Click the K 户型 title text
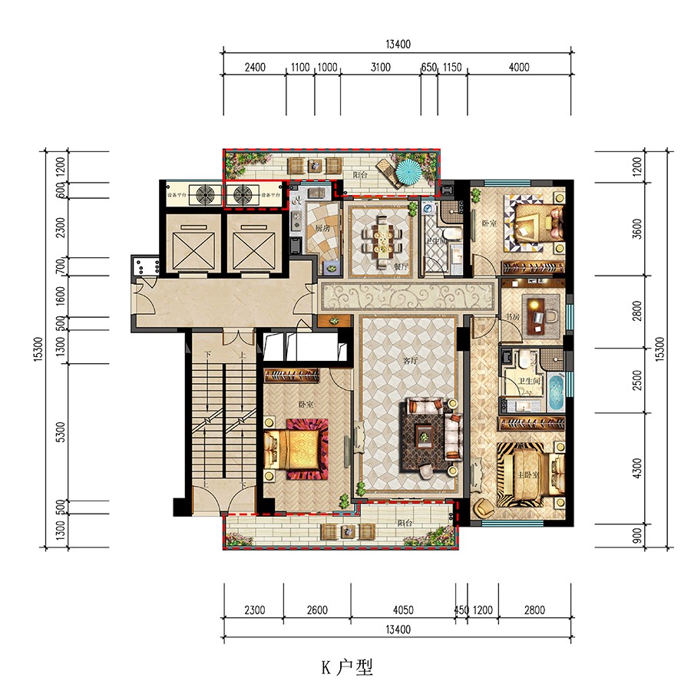point(346,668)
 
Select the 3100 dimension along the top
point(380,68)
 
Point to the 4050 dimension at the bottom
point(402,611)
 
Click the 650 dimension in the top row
point(429,68)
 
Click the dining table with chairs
point(382,236)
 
